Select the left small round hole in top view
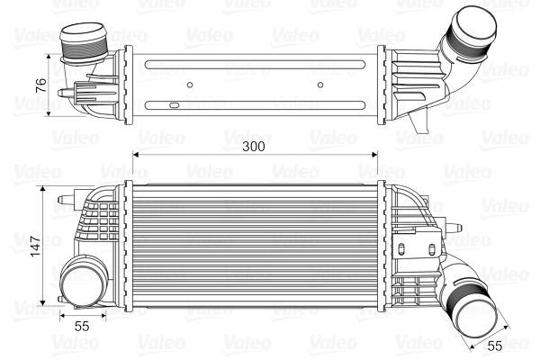(x=190, y=86)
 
